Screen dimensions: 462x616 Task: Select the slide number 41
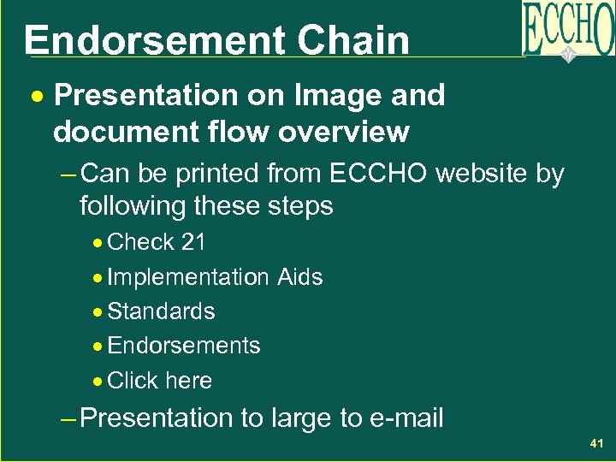(596, 444)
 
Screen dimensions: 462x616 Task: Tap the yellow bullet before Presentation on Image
(37, 97)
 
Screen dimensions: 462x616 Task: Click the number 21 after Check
(193, 243)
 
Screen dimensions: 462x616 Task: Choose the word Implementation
(188, 277)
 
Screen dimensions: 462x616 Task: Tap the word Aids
(299, 277)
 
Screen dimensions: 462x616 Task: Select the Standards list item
(161, 311)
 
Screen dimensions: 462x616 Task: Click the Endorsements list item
(184, 346)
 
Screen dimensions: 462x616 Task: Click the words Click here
(160, 381)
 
